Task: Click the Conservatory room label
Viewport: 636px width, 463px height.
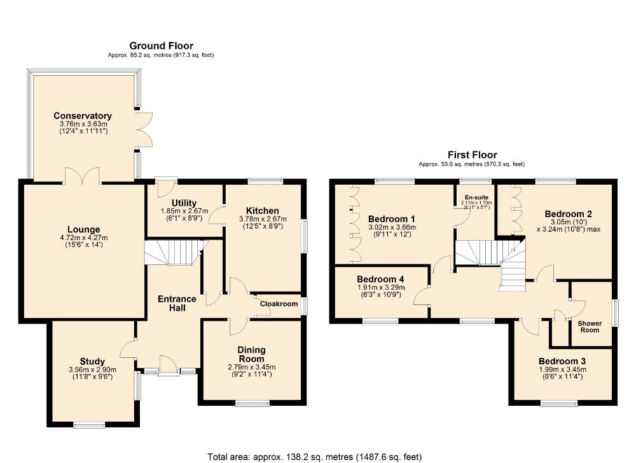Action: pyautogui.click(x=83, y=116)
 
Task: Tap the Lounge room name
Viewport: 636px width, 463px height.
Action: pyautogui.click(x=84, y=230)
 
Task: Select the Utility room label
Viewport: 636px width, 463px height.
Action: pyautogui.click(x=184, y=203)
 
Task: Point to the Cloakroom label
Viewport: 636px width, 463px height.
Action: pyautogui.click(x=279, y=304)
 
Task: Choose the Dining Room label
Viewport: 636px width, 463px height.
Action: pyautogui.click(x=251, y=354)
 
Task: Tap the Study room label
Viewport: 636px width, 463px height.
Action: pyautogui.click(x=92, y=362)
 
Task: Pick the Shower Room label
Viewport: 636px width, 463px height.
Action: pyautogui.click(x=589, y=327)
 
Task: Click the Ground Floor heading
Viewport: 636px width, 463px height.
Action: pyautogui.click(x=161, y=46)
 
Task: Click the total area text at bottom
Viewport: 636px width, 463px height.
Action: pyautogui.click(x=314, y=457)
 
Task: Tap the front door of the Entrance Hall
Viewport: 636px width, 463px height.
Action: pyautogui.click(x=169, y=370)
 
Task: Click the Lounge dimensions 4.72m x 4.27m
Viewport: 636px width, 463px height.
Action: pyautogui.click(x=84, y=239)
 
